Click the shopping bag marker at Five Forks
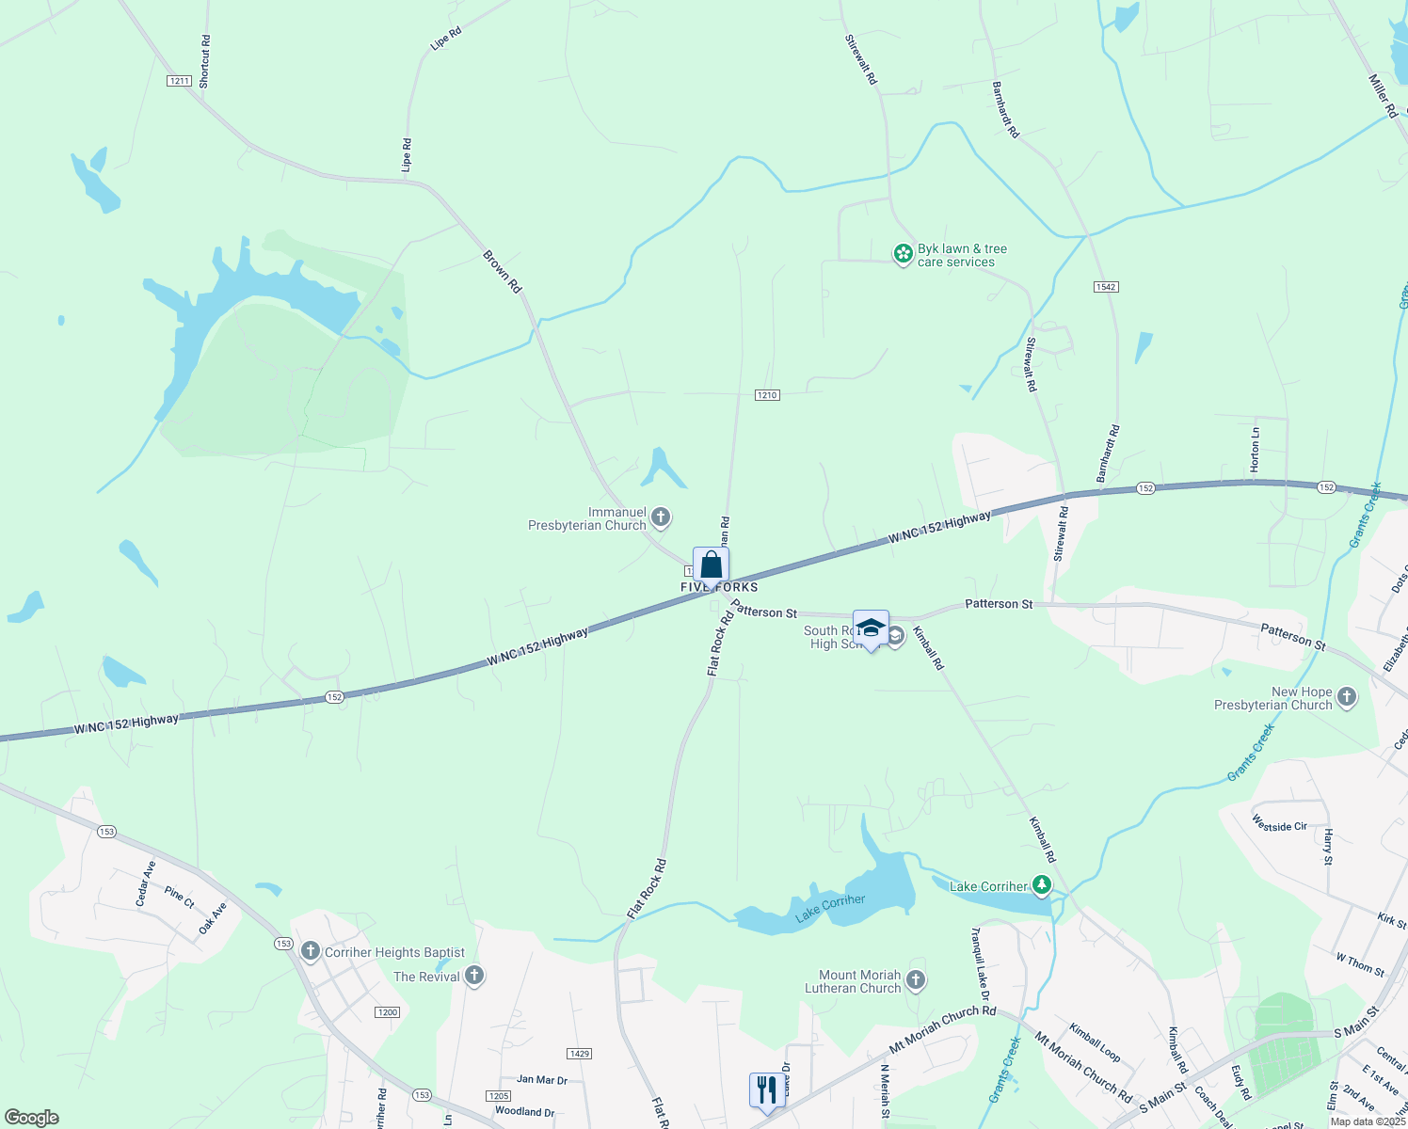pos(712,565)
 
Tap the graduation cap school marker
pos(871,628)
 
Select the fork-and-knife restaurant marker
pos(766,1090)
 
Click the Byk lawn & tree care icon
pos(904,254)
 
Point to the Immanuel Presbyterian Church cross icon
pos(661,517)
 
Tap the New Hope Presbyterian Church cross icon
pos(1347,697)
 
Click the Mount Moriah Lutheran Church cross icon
pos(916,981)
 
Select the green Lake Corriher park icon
pos(1041,885)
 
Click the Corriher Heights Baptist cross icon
pos(311,952)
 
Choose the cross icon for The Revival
pos(474,976)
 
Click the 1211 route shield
pos(179,81)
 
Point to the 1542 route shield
pos(1106,286)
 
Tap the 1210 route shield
pos(767,395)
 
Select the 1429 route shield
pos(580,1054)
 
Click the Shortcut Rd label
pos(205,62)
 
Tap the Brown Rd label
pos(502,271)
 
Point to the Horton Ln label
pos(1255,451)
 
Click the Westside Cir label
pos(1279,824)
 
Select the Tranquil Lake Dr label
pos(980,964)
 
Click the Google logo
pos(31,1118)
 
